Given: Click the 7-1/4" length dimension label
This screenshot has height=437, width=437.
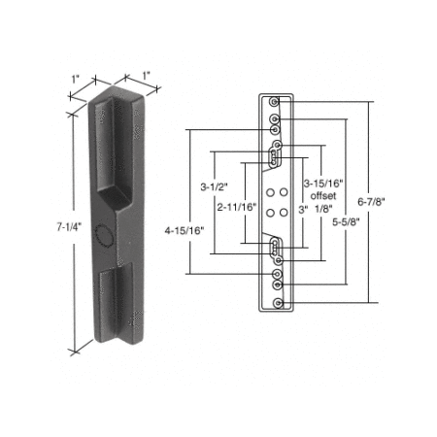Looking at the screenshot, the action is point(68,227).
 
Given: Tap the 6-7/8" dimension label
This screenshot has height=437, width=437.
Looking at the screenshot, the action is point(371,202).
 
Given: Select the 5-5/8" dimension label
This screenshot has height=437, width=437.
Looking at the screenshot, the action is point(346,222).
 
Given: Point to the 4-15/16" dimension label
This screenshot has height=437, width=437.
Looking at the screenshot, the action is point(185,231).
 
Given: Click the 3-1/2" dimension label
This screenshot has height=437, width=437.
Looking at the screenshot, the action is point(215,187).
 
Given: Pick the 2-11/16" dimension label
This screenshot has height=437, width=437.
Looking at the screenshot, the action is point(237,207).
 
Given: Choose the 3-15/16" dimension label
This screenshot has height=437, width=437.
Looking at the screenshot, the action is point(323,184).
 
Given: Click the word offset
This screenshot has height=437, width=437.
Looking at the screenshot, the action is point(323,196).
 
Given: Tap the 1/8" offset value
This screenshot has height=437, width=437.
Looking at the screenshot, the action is point(323,209).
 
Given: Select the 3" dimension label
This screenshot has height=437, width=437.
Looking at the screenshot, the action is point(303,210).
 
